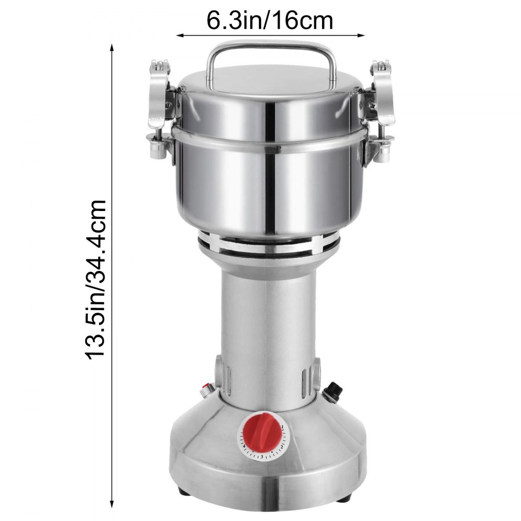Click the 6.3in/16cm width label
(x=270, y=21)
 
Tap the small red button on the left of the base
(x=207, y=388)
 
